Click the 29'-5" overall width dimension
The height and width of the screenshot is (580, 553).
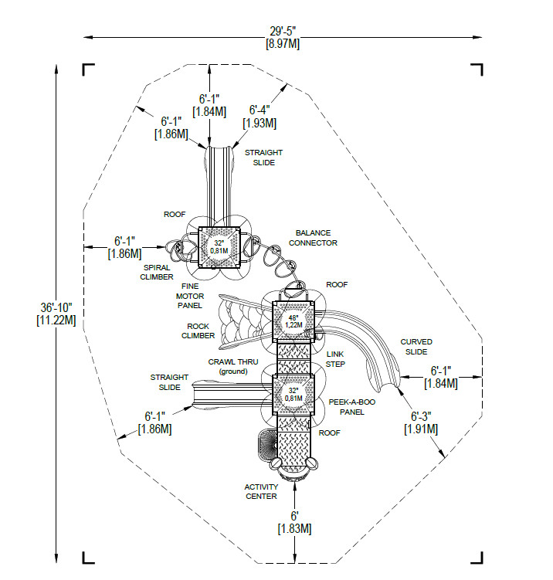pos(283,37)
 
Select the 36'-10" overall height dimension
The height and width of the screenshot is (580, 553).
pos(56,314)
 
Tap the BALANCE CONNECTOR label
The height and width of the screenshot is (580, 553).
pos(313,238)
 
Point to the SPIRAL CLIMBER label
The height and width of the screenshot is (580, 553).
pos(157,273)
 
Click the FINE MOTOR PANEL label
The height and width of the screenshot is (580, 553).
pos(190,296)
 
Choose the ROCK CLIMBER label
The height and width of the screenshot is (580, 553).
pos(198,331)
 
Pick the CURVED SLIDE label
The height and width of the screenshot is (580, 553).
pos(416,347)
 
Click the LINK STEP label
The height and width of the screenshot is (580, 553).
pos(335,359)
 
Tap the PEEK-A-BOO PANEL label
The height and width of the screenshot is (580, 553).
pos(351,407)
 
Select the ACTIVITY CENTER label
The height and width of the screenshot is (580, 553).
pos(261,492)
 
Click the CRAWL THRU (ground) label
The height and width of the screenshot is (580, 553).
pos(233,367)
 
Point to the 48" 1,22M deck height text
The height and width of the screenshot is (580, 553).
pos(293,321)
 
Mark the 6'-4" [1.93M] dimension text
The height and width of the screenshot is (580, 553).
pos(260,117)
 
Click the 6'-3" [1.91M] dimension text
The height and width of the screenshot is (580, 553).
pos(421,422)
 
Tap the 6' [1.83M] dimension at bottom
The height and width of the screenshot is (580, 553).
pos(294,522)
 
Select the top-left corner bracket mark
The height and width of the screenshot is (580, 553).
pos(88,70)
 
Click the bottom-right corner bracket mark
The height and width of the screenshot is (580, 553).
pos(477,558)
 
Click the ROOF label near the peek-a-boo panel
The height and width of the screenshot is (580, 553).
pos(329,432)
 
